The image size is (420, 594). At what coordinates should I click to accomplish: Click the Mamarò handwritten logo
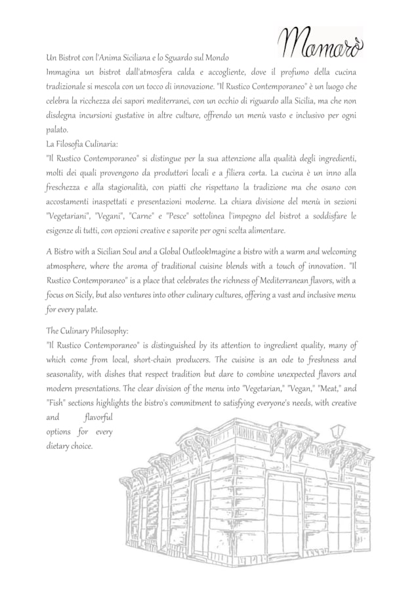(322, 43)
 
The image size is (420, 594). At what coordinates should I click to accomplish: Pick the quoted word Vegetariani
(68, 216)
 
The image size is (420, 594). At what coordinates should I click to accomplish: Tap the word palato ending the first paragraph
(57, 130)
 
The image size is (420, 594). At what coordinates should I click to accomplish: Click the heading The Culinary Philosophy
(87, 331)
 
